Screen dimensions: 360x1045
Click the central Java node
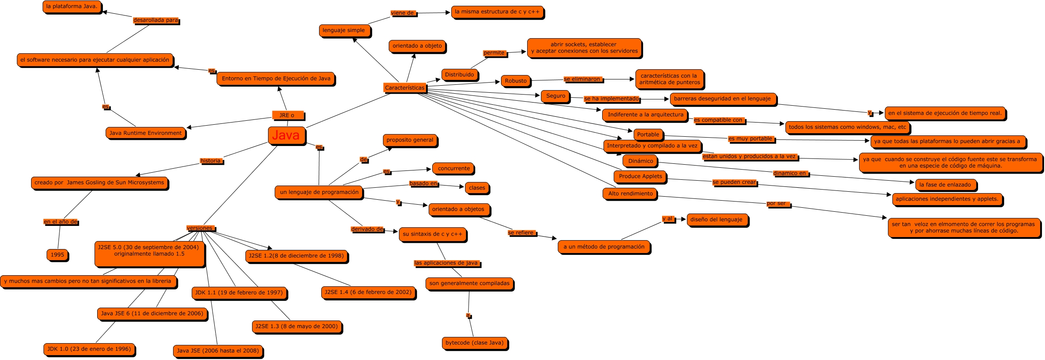coord(286,135)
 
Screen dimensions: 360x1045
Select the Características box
coord(404,87)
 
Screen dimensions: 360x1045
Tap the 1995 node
coord(57,255)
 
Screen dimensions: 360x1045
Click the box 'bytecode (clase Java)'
coord(474,343)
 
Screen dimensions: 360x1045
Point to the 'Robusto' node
coord(516,81)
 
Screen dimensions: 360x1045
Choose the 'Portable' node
coord(648,135)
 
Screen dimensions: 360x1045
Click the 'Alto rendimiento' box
coord(630,194)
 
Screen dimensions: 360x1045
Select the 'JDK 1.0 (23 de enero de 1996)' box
coord(89,349)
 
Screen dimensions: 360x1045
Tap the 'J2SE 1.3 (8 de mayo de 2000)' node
coord(296,326)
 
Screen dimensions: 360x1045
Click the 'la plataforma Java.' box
coord(72,7)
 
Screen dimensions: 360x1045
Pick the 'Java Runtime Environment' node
coord(146,133)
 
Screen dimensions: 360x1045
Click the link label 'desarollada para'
coord(155,20)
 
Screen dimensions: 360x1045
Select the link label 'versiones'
coord(201,228)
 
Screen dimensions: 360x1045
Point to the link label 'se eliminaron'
coord(582,79)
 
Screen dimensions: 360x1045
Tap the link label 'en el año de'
coord(61,222)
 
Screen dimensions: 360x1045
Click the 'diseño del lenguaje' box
coord(716,219)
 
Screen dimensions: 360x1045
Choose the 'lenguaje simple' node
coord(344,30)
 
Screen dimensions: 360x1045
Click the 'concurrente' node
coord(453,168)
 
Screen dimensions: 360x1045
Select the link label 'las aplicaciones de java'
coord(446,263)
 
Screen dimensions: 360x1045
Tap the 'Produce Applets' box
coord(640,176)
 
